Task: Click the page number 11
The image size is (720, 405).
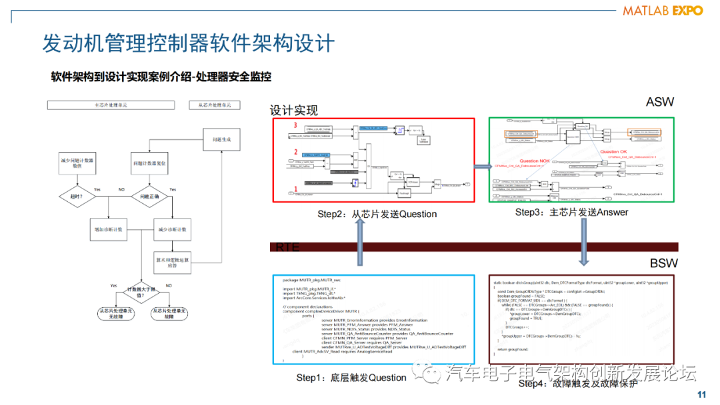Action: click(701, 394)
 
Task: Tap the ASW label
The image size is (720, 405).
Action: click(659, 102)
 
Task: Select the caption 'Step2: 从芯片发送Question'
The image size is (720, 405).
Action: click(377, 214)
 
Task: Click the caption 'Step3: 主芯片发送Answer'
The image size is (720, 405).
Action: click(571, 212)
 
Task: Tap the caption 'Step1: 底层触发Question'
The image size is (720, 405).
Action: click(351, 378)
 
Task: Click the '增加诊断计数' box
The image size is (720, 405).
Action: click(110, 229)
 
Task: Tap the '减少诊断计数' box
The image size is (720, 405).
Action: click(172, 229)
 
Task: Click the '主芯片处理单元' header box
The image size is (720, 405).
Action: click(111, 105)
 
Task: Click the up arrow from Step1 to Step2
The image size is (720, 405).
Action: click(360, 244)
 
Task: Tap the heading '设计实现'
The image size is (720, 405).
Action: click(294, 111)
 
